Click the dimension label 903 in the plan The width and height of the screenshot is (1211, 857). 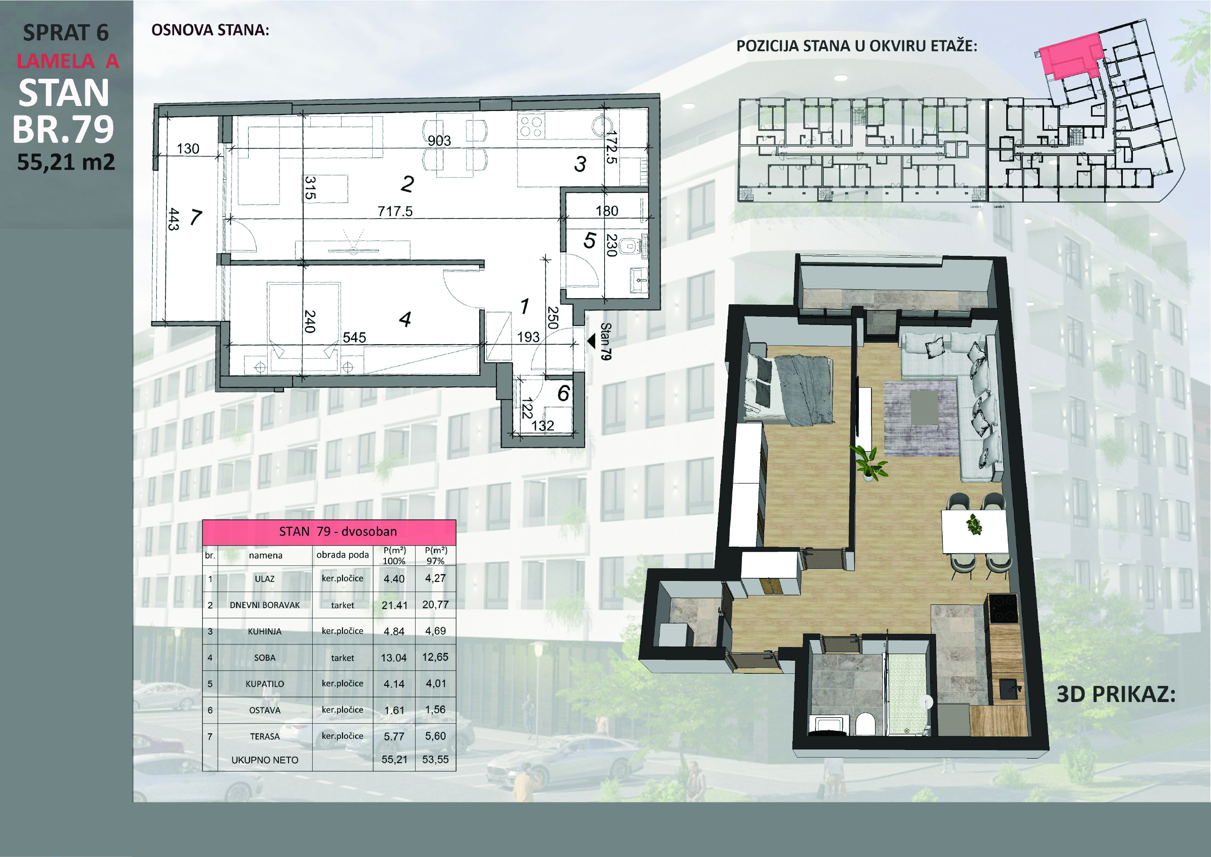tap(439, 140)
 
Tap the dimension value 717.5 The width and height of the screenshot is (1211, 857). tap(395, 211)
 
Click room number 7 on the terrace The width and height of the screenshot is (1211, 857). tap(196, 217)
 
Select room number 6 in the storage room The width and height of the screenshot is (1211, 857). tap(563, 393)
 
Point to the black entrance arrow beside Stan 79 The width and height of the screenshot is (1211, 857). tap(591, 341)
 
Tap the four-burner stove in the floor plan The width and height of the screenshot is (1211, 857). tap(531, 127)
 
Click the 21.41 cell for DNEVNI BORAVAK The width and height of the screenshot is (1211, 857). tap(394, 605)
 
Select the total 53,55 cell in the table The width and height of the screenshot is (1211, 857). tap(435, 760)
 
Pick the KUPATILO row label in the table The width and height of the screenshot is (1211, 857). tap(265, 684)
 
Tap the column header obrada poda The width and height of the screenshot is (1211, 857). tap(342, 555)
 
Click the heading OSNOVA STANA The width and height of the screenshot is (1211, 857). tap(210, 30)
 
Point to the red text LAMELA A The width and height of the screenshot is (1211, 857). tap(68, 61)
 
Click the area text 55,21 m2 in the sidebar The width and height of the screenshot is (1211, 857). tap(66, 162)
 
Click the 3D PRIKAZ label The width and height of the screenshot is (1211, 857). tap(1116, 694)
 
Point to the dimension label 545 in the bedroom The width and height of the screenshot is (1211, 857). tap(354, 337)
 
